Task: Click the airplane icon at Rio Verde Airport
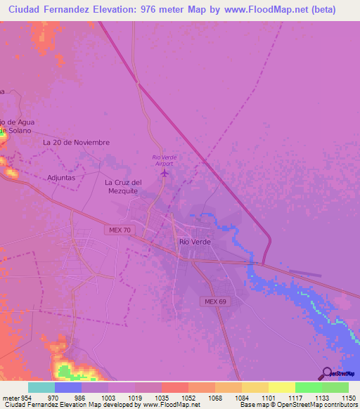point(165,172)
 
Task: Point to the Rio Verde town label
point(195,242)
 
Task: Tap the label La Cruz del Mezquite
point(124,186)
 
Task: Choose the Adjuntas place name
point(61,178)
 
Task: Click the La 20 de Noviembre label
point(77,142)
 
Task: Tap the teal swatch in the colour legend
point(41,387)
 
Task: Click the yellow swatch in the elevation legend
point(281,387)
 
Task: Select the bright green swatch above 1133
point(308,387)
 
